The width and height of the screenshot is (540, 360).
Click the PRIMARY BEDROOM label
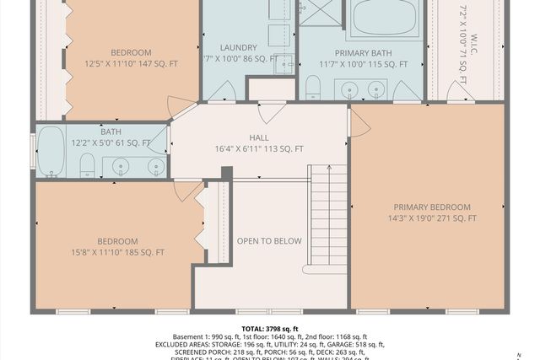431,207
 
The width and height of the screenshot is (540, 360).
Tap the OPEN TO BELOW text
268,241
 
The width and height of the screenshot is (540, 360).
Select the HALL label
259,137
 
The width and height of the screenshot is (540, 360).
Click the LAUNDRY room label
232,47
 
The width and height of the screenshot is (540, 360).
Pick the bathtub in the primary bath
384,18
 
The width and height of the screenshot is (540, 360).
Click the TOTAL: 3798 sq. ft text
269,328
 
